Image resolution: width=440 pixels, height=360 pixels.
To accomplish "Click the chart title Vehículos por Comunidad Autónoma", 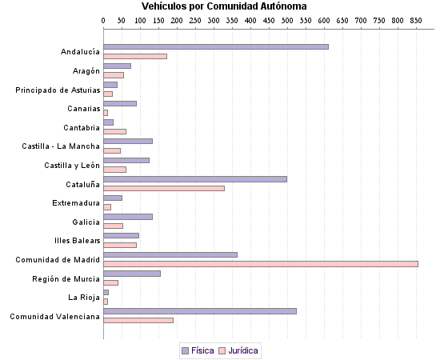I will click(x=218, y=6).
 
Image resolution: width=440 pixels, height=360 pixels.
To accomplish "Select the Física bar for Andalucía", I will click(x=215, y=46).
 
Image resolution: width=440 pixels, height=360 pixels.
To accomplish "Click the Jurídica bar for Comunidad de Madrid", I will click(x=260, y=264).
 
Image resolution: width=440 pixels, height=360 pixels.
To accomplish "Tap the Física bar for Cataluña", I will click(x=194, y=178).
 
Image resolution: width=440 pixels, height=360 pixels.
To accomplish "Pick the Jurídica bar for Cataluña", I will click(x=163, y=189).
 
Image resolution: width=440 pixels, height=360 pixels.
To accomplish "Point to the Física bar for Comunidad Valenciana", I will click(x=199, y=311).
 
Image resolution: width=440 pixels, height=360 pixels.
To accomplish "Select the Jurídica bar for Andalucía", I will click(x=134, y=56).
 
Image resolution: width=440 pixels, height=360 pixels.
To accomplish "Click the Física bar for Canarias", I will click(x=119, y=103).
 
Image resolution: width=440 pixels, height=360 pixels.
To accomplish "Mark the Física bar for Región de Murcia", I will click(x=131, y=274).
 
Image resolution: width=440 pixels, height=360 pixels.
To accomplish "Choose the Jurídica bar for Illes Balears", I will click(x=119, y=245).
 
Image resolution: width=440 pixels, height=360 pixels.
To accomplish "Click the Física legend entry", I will click(x=198, y=350).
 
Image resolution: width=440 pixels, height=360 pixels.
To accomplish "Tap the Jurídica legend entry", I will click(x=238, y=350).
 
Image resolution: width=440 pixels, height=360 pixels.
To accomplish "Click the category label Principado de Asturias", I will click(x=58, y=90).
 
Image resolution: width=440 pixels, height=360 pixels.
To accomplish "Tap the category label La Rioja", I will click(x=84, y=298).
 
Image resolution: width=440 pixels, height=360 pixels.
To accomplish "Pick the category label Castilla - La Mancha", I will click(x=61, y=146).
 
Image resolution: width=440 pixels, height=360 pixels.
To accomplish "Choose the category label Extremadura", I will click(x=76, y=203).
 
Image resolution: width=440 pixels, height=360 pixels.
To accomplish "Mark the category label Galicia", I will click(x=86, y=222).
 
